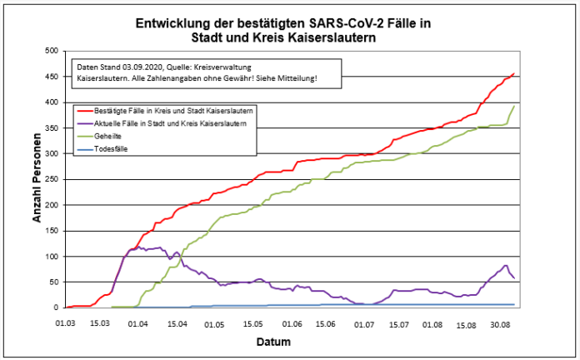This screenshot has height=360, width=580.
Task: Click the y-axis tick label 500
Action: [50, 51]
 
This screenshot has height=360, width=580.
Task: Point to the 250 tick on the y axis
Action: [50, 179]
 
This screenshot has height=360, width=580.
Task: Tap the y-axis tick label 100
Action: [50, 257]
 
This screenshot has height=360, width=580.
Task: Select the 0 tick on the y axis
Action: [55, 308]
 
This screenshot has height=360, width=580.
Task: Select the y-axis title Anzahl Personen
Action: [37, 180]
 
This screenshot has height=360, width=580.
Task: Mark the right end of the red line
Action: [514, 73]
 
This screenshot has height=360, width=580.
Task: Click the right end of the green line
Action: [514, 107]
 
